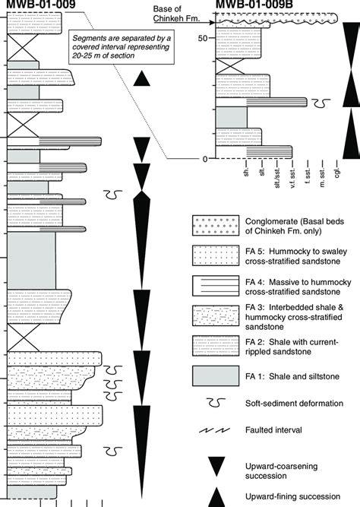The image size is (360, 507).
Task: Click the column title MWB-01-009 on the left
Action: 39,7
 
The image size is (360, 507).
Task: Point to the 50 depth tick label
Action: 201,38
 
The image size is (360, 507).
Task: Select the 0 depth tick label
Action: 204,158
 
